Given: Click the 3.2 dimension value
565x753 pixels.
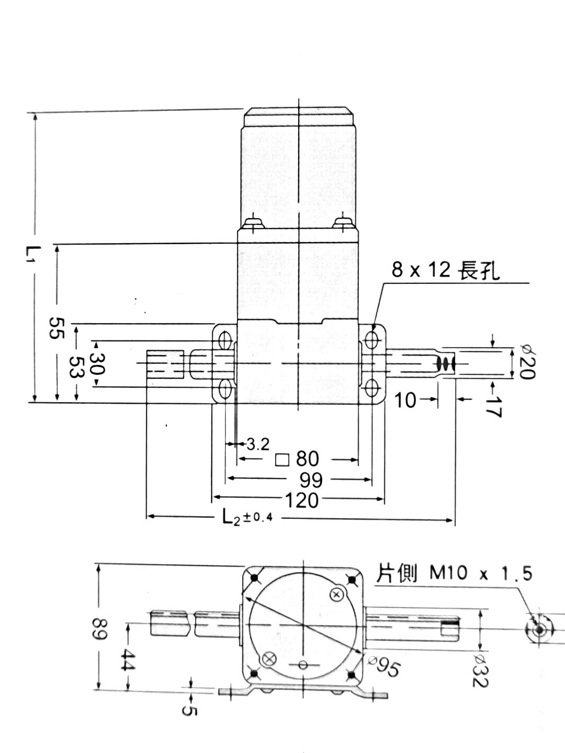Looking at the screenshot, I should [257, 444].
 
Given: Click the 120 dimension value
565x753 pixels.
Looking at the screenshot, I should [301, 500].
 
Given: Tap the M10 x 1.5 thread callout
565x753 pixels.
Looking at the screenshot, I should [454, 574].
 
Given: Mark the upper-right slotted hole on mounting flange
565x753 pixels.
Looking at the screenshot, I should [372, 339].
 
